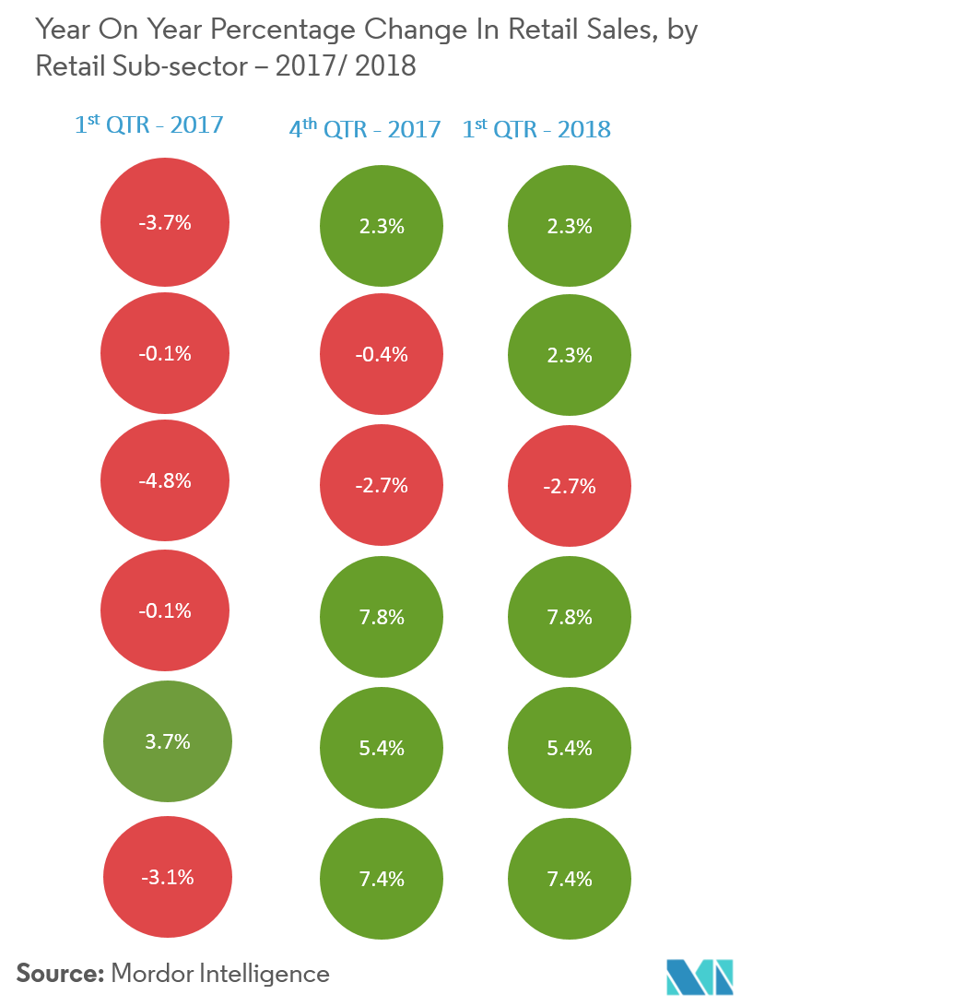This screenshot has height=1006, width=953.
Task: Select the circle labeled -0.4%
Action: tap(382, 355)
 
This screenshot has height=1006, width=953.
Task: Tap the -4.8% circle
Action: tap(165, 480)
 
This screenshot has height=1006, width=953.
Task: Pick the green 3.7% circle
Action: tap(167, 741)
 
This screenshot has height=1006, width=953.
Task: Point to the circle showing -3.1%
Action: tap(167, 878)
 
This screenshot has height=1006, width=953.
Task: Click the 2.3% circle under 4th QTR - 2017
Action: tap(382, 226)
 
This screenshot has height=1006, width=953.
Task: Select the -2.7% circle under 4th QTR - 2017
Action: tap(382, 486)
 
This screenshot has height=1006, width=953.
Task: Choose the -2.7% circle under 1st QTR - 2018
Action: tap(570, 486)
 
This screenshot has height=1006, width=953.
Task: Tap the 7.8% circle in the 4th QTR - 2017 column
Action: tap(382, 617)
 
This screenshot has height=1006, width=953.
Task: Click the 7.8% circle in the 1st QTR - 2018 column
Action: tap(570, 617)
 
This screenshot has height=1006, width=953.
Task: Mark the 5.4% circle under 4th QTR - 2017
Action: tap(382, 748)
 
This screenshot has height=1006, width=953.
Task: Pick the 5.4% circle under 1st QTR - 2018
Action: tap(570, 748)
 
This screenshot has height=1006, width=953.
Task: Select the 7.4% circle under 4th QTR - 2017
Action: tap(382, 879)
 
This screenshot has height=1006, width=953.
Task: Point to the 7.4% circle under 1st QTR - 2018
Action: tap(570, 879)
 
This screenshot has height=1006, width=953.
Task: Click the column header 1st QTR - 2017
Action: tap(149, 124)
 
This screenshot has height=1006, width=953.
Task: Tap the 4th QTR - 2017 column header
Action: tap(365, 128)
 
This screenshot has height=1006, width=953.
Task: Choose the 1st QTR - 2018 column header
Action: tap(536, 128)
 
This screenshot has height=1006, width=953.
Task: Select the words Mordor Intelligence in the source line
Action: tap(219, 973)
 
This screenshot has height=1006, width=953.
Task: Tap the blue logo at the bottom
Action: tap(700, 976)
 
